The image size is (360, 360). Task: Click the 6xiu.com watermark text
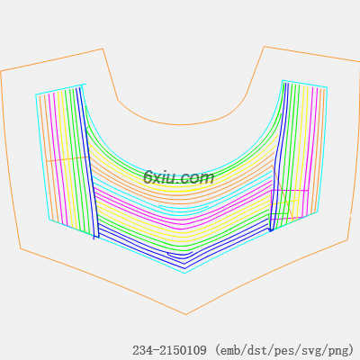click(x=179, y=177)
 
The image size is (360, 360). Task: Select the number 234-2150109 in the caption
click(x=169, y=350)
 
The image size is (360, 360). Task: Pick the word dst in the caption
click(x=257, y=350)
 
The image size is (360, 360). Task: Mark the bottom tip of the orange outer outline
click(x=186, y=314)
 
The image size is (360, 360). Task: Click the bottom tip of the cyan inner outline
click(x=184, y=273)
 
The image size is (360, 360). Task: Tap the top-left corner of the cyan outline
click(x=36, y=94)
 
